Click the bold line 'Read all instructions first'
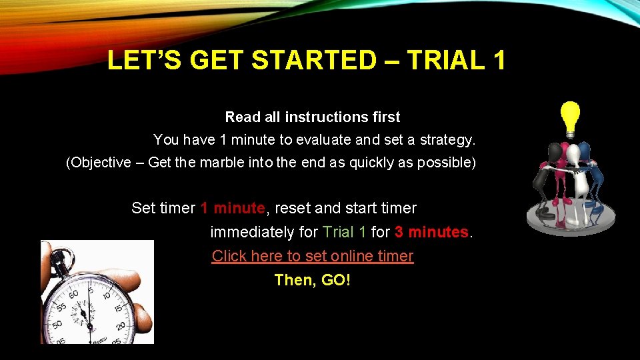point(313,117)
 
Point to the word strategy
point(447,140)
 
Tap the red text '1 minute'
point(233,208)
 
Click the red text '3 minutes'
point(432,232)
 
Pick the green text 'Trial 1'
point(344,232)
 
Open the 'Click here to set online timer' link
point(313,256)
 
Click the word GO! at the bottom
point(336,280)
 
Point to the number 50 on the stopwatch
point(58,325)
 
